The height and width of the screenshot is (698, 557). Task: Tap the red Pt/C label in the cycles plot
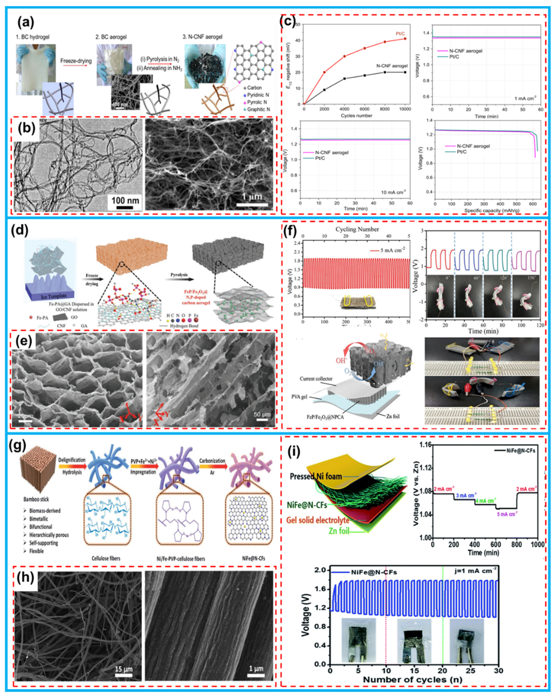pos(400,33)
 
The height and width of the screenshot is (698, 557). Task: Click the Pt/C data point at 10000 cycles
pos(405,39)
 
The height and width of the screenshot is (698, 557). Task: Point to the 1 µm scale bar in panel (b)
pos(252,204)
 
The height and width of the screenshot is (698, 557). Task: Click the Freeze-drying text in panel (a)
pos(76,61)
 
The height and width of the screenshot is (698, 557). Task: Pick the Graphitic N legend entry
pos(258,109)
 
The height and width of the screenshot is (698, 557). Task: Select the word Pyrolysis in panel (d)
pos(179,275)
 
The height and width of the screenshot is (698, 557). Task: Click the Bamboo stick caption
pos(36,499)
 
